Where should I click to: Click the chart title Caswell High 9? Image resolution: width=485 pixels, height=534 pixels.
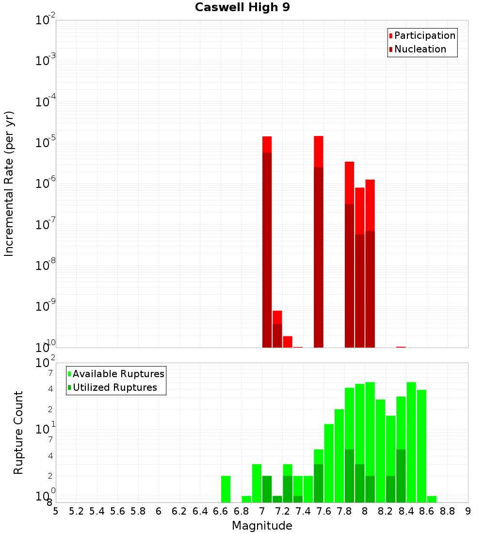point(242,8)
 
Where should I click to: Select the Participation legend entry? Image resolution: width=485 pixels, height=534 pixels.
point(425,35)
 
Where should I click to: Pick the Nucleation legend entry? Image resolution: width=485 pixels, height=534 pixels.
point(420,49)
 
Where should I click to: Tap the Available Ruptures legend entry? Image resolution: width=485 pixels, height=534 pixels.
point(118,374)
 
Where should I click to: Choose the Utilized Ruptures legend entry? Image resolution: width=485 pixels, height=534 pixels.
point(114,387)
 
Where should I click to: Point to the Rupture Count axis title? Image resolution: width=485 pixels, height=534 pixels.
point(18,433)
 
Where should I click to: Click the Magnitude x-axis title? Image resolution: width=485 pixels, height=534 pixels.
point(262,526)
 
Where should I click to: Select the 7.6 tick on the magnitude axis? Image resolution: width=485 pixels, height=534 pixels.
point(324,511)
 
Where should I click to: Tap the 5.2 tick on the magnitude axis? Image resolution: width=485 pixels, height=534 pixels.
point(77,511)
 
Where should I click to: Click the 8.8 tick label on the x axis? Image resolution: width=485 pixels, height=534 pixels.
point(448,511)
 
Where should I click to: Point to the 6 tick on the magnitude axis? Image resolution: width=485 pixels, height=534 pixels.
point(159,511)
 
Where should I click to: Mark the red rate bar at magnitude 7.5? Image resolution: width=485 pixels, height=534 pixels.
point(319,243)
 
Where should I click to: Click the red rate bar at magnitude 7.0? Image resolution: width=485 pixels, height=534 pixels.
point(267,243)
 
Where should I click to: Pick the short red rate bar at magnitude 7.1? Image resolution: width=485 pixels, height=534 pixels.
point(277,330)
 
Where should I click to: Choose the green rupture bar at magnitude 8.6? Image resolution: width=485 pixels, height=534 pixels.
point(432,499)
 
